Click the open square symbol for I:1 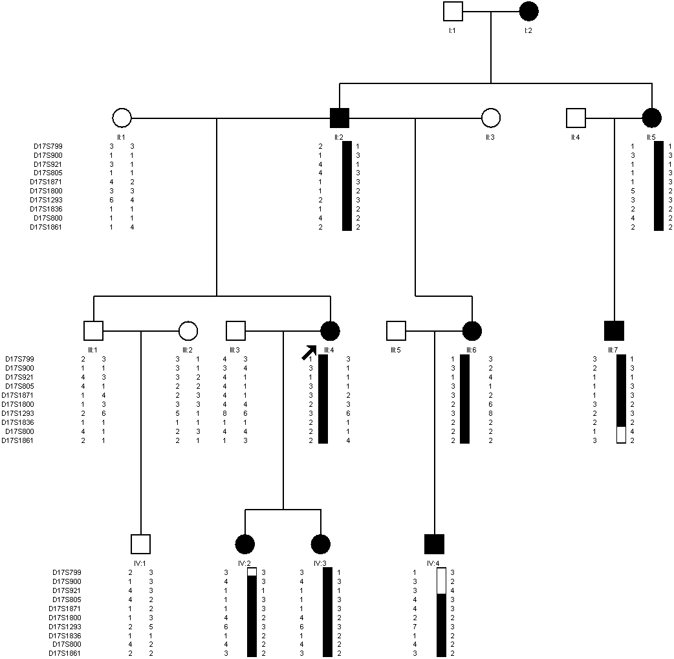point(453,12)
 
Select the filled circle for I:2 point(529,12)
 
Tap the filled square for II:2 point(340,118)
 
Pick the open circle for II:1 point(122,118)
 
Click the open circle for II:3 point(491,118)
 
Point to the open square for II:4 point(576,118)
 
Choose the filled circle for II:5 point(651,118)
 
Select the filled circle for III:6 point(472,331)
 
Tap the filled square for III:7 point(614,331)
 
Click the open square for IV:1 point(140,545)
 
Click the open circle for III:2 point(188,331)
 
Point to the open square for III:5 point(396,331)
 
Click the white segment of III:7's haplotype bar point(621,435)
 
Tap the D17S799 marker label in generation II point(49,146)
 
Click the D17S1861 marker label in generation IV point(67,653)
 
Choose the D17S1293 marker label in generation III point(20,413)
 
